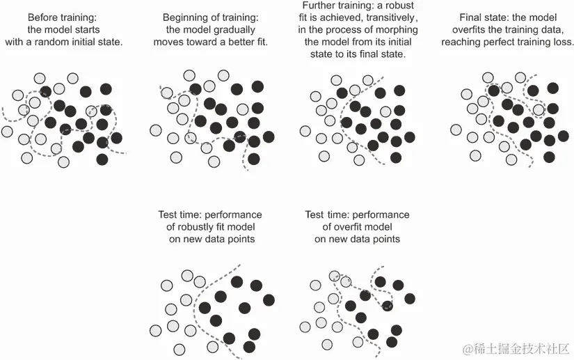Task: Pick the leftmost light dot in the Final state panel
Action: tap(457, 128)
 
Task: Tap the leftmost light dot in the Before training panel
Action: tap(8, 131)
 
